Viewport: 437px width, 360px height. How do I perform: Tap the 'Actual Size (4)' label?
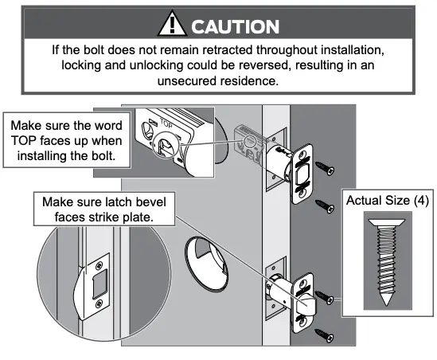point(388,200)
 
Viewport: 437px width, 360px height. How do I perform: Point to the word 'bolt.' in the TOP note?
point(108,156)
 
